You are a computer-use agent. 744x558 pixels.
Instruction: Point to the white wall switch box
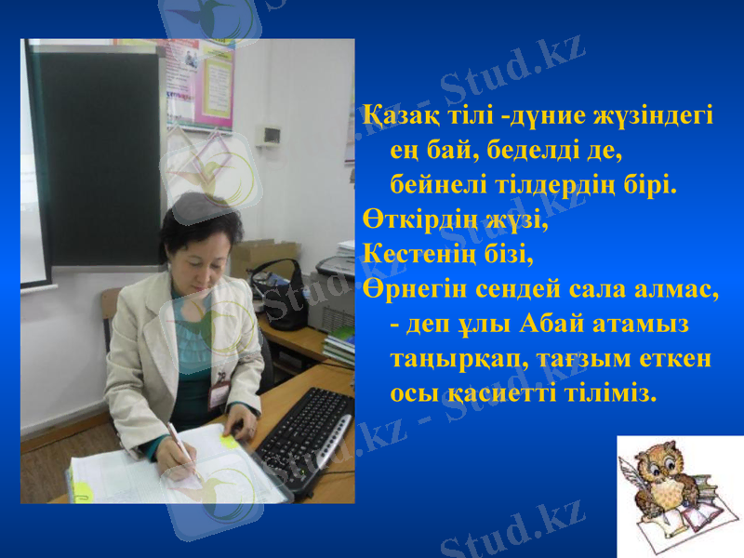[271, 137]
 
